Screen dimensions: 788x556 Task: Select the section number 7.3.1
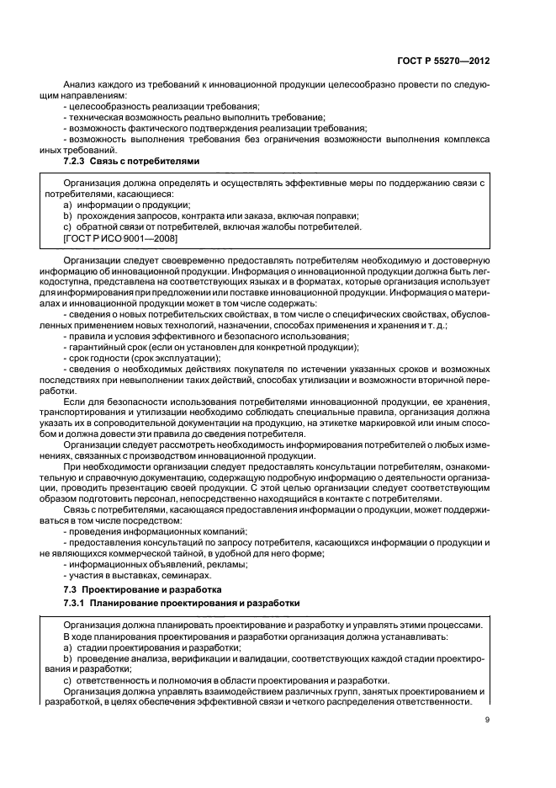click(x=77, y=604)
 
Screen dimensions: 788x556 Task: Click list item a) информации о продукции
click(x=127, y=205)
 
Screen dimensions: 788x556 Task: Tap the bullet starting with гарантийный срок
click(x=211, y=347)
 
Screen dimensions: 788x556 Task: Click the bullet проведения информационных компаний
click(x=155, y=531)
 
